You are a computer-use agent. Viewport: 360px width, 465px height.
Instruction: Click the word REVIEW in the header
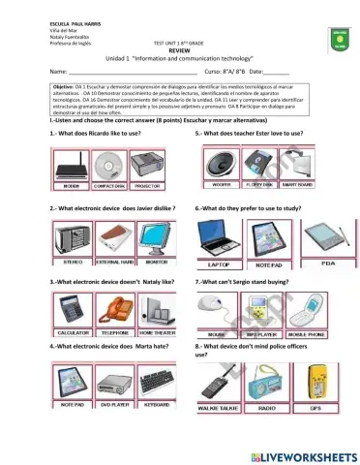182,50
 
